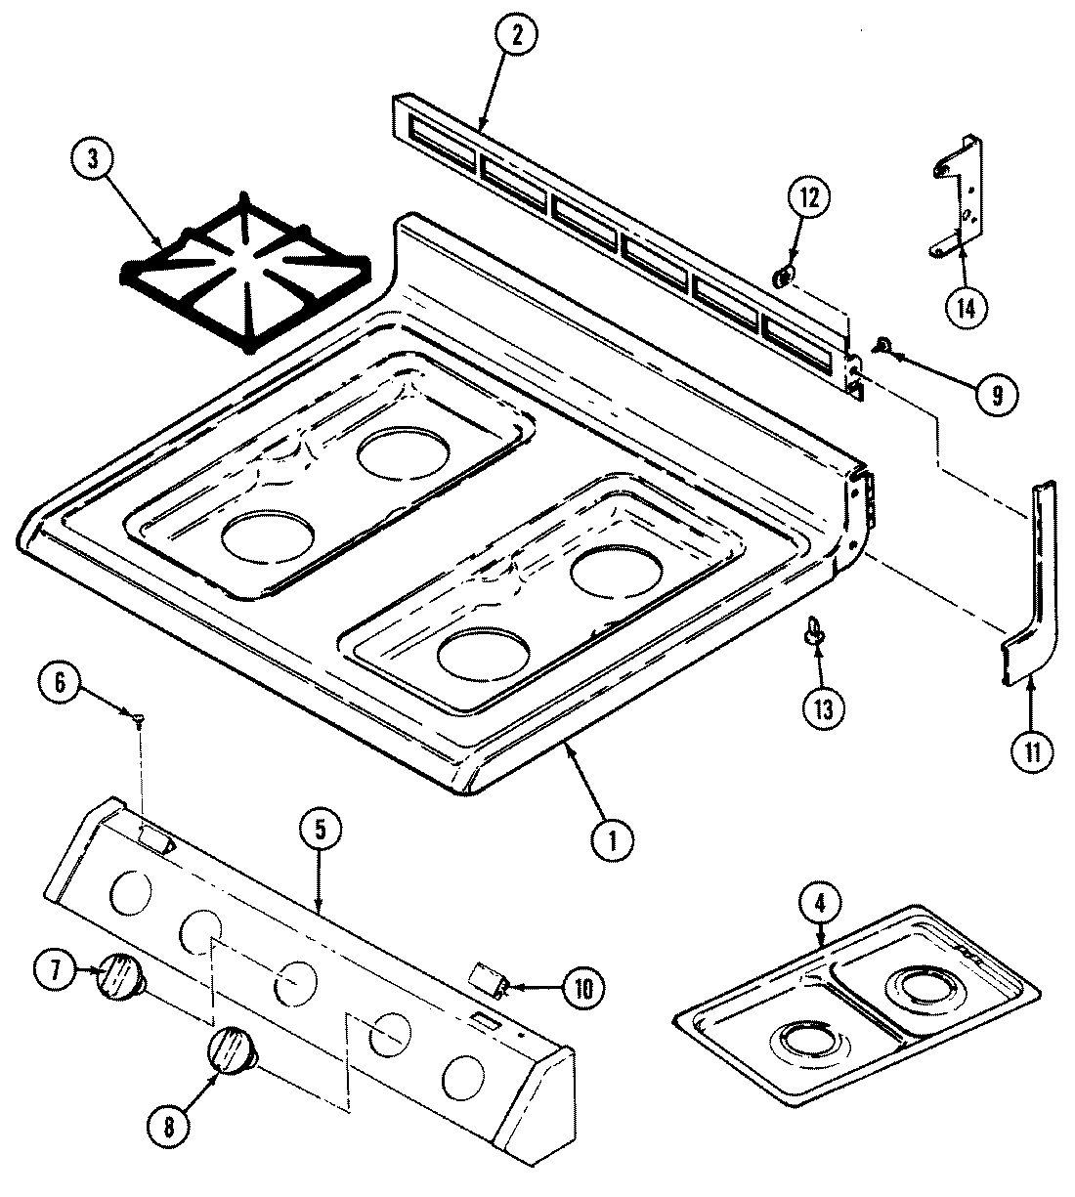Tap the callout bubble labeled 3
coord(94,161)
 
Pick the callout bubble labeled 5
coord(322,831)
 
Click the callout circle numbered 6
coord(61,684)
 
